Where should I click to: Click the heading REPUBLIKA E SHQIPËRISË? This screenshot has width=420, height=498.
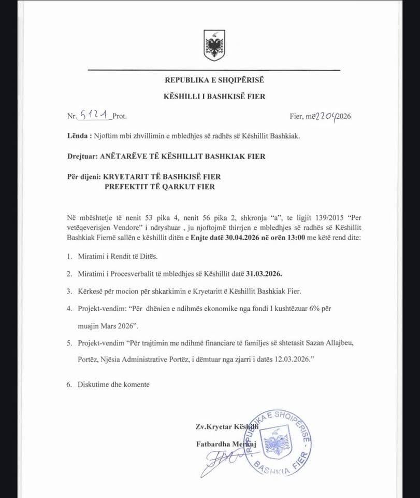click(x=214, y=80)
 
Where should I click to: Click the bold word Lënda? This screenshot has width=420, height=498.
click(x=77, y=136)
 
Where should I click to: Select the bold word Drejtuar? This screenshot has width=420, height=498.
click(x=82, y=156)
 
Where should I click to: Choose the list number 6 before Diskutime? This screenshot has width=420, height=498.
click(x=69, y=384)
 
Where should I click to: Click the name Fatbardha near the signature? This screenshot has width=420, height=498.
click(x=214, y=444)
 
